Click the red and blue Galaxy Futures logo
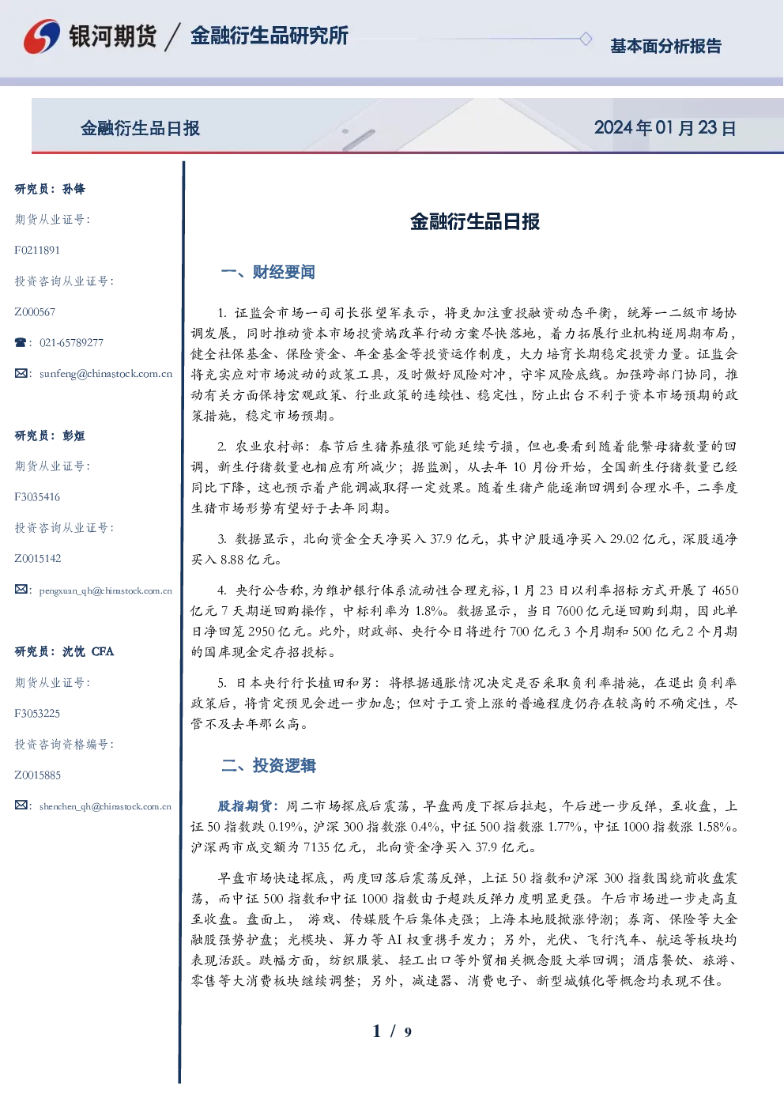[42, 36]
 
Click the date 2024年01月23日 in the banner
[665, 128]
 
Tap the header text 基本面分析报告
[665, 46]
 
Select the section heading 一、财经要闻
[268, 272]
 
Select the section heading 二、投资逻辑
[268, 765]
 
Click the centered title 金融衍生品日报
[475, 221]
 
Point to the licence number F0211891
[37, 250]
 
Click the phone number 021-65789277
[71, 342]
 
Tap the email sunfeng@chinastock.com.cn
[106, 374]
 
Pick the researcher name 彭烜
[73, 436]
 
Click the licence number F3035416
[37, 497]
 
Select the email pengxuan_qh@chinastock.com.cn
[105, 590]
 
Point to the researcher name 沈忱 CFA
[88, 651]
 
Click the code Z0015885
[38, 775]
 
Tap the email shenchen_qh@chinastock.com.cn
[105, 806]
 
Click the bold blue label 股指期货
[245, 806]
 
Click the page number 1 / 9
[392, 1032]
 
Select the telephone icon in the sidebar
[21, 342]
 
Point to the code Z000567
[35, 312]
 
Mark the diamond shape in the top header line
[586, 39]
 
